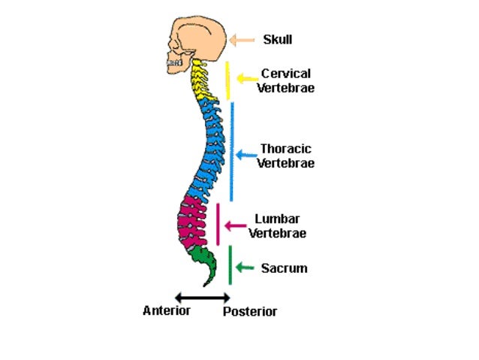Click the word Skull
[x=277, y=40]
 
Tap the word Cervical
[x=285, y=74]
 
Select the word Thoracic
[x=285, y=149]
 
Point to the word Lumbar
[x=277, y=219]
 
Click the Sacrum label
[x=284, y=268]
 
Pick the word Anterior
[x=166, y=310]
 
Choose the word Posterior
[x=250, y=311]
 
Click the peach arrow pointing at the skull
[x=242, y=40]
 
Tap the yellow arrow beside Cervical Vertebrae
[x=246, y=78]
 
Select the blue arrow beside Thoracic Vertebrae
[x=246, y=154]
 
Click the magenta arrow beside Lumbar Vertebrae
[x=236, y=225]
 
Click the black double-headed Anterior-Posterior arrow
[x=201, y=299]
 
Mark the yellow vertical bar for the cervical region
[x=227, y=80]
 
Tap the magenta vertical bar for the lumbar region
[x=218, y=224]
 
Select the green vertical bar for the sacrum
[x=230, y=265]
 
